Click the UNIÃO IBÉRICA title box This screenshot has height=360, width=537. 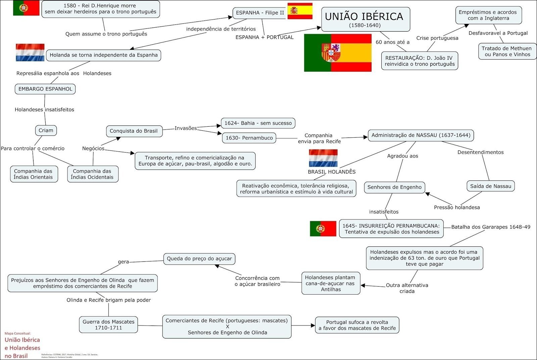[x=365, y=19]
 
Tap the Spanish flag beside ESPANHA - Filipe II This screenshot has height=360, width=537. [x=300, y=11]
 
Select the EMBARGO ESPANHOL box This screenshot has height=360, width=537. [x=45, y=89]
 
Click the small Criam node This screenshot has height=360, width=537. [x=46, y=130]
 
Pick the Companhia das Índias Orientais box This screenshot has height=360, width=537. [x=33, y=174]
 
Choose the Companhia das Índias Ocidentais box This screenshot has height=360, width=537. [x=92, y=174]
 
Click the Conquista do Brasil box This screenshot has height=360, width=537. [x=134, y=131]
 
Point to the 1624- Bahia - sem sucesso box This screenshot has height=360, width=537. [x=258, y=123]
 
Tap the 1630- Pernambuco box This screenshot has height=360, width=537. [x=249, y=138]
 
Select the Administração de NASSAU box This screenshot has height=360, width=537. [x=421, y=135]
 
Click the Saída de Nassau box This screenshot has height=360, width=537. [x=490, y=186]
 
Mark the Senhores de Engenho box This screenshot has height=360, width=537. [x=394, y=187]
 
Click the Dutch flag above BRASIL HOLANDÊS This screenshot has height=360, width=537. [x=323, y=158]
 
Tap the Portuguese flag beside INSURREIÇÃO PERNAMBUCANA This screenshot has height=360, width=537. [x=323, y=229]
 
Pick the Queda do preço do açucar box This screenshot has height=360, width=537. [x=199, y=259]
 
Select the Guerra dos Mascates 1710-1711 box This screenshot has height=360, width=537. [x=108, y=325]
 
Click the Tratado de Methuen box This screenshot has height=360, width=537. [x=506, y=52]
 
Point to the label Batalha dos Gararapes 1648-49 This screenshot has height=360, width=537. [x=491, y=227]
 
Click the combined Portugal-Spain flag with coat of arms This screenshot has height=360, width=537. [x=338, y=53]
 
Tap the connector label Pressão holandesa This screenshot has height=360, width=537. [x=457, y=207]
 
